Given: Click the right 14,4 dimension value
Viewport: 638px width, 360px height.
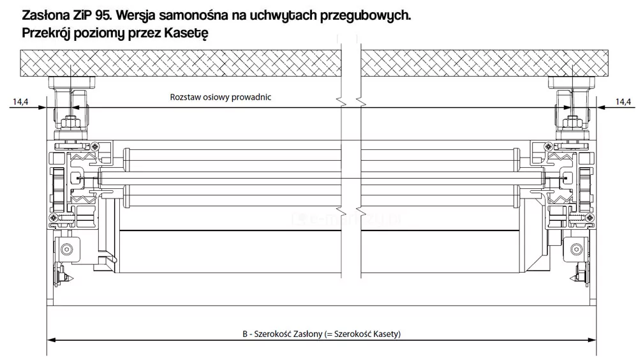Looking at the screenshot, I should tap(623, 101).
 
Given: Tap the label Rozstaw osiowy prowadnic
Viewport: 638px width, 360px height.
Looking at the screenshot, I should tap(221, 98).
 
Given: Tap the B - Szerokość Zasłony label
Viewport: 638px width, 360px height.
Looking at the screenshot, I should tap(322, 334).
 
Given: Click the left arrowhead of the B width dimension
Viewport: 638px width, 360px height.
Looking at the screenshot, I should tap(50, 340).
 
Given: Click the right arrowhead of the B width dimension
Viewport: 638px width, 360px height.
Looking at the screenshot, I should tap(593, 340).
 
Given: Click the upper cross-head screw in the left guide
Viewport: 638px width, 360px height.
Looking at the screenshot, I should tap(95, 146).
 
